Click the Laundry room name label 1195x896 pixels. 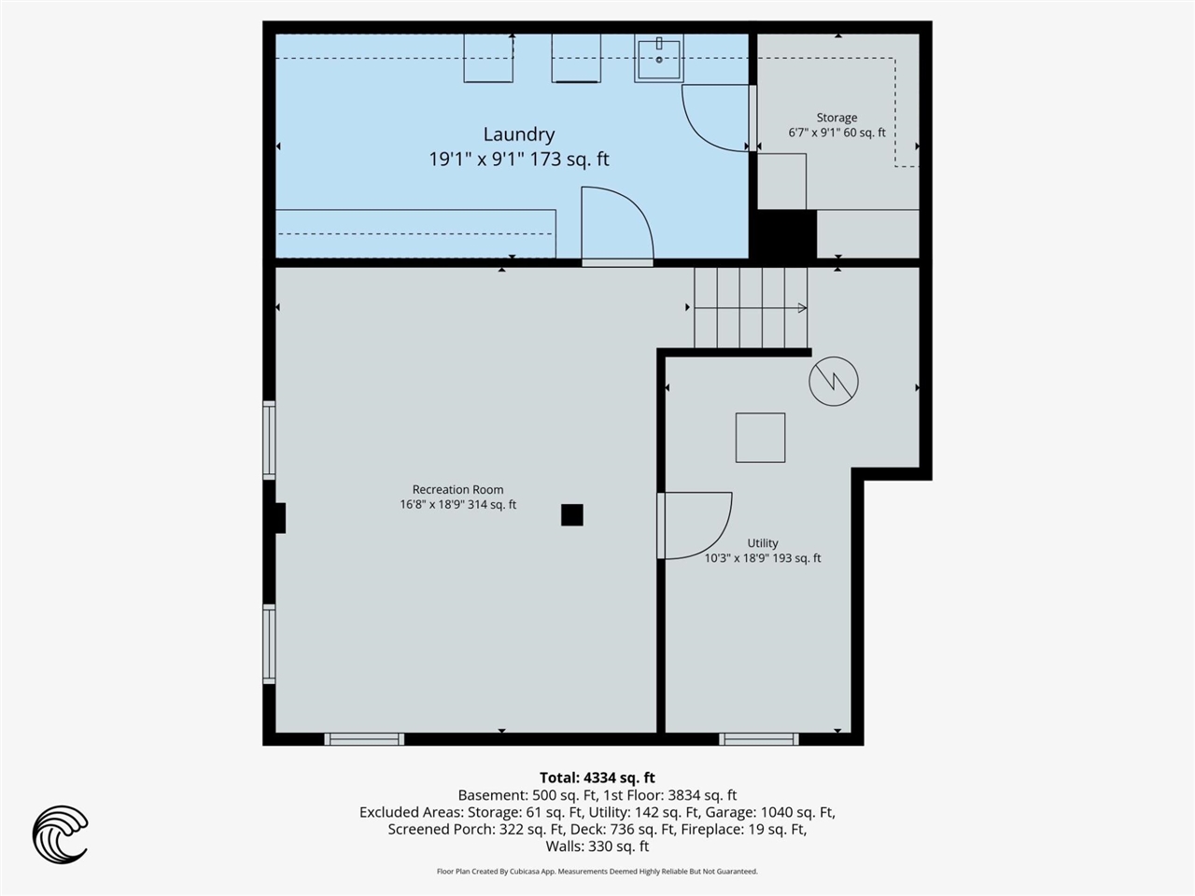click(x=519, y=134)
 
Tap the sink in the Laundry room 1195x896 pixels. click(x=659, y=58)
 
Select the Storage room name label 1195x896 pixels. click(x=836, y=118)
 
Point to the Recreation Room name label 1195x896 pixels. click(x=457, y=490)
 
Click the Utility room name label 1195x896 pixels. click(x=762, y=543)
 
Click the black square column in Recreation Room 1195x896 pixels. click(x=572, y=514)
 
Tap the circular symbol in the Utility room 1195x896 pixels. click(x=834, y=381)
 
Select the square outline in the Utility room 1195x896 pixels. click(x=761, y=438)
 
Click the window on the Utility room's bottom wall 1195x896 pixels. click(x=759, y=739)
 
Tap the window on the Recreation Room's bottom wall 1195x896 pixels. click(x=364, y=739)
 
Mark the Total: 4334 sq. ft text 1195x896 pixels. click(x=597, y=777)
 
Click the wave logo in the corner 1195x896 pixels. click(x=60, y=834)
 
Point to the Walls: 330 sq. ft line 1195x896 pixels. click(x=597, y=846)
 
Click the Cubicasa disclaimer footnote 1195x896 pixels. click(x=597, y=871)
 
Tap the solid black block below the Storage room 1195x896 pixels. click(x=783, y=234)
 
